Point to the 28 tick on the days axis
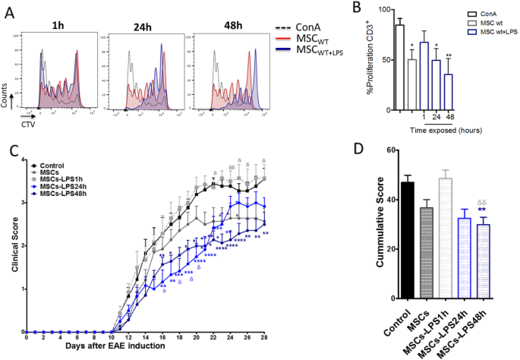coord(264,337)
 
